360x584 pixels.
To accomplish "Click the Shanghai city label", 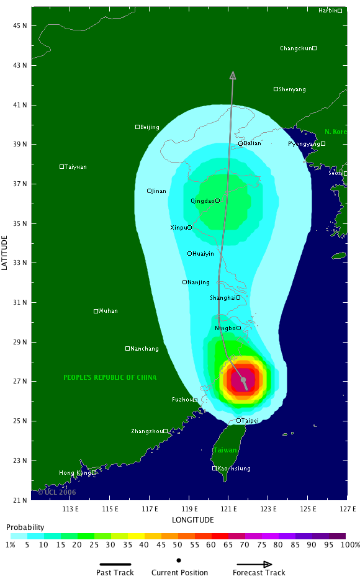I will [x=222, y=298].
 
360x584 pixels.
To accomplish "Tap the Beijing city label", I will [x=150, y=127].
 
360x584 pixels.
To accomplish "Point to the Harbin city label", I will [x=328, y=11].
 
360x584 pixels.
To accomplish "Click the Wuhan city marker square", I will [x=96, y=311].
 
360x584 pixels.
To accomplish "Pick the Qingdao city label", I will [x=202, y=201].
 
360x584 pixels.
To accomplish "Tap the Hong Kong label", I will [x=74, y=473].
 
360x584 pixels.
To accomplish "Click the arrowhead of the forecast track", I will [x=233, y=75].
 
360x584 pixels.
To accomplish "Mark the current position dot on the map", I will [x=243, y=380].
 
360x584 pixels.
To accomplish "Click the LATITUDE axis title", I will [x=6, y=252].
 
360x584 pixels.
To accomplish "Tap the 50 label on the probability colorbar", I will [x=178, y=544].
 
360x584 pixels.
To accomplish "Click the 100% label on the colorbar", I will [x=350, y=544].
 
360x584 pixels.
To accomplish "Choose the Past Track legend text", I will [x=115, y=573].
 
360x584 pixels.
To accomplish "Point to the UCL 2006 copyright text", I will [x=57, y=492].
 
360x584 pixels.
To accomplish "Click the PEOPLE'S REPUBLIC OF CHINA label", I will [x=110, y=377].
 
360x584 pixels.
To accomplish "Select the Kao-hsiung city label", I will [x=234, y=469].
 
